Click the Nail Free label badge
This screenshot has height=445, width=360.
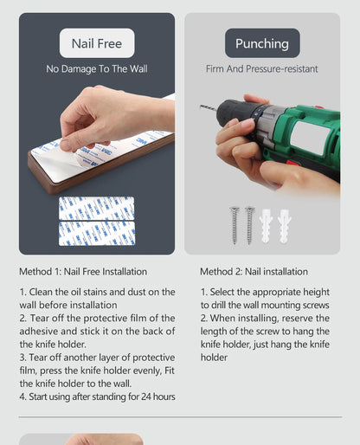pyautogui.click(x=97, y=43)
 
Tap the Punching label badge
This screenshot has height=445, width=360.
pyautogui.click(x=262, y=43)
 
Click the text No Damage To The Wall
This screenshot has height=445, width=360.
pyautogui.click(x=97, y=69)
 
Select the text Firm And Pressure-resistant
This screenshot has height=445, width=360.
pyautogui.click(x=262, y=69)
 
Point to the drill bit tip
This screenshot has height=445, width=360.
pyautogui.click(x=200, y=106)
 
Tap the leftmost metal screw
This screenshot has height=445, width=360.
pyautogui.click(x=235, y=226)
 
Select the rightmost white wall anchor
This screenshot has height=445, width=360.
pyautogui.click(x=285, y=226)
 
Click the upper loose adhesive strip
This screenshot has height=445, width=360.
pyautogui.click(x=97, y=209)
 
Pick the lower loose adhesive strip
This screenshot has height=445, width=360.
pyautogui.click(x=97, y=234)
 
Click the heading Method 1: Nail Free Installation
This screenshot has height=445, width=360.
pyautogui.click(x=83, y=272)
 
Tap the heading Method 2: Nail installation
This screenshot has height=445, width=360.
pyautogui.click(x=254, y=272)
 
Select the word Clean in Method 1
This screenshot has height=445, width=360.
pyautogui.click(x=41, y=292)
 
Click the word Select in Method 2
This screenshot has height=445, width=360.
pyautogui.click(x=222, y=292)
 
